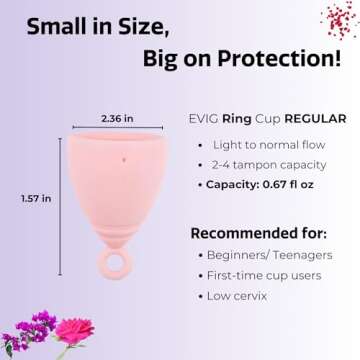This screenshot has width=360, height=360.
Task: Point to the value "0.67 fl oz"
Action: tap(300, 185)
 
